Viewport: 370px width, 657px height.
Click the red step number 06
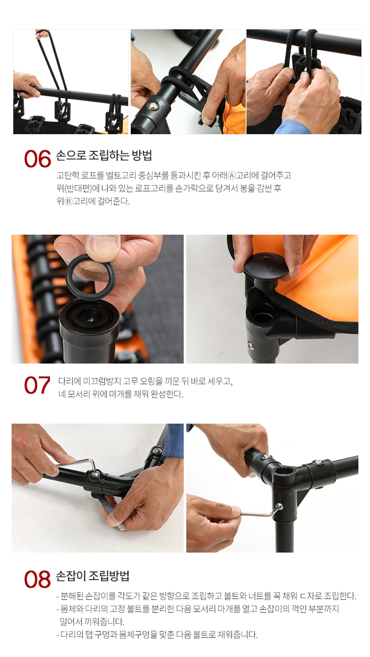click(37, 159)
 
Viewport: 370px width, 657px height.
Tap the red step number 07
click(37, 385)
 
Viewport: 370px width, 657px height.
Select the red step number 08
click(37, 579)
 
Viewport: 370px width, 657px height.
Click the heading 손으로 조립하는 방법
click(104, 155)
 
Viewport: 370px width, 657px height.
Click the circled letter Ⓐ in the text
click(232, 175)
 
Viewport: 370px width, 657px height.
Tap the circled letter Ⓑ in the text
click(68, 202)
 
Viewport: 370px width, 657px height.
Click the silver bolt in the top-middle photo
click(153, 105)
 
